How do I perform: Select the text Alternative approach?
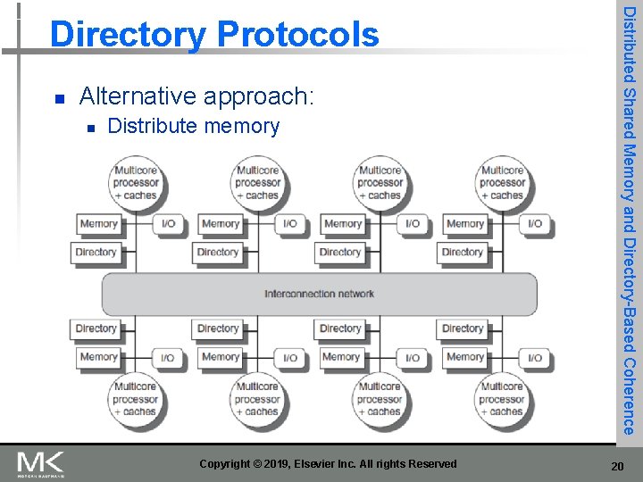196,96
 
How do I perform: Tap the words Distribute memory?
193,127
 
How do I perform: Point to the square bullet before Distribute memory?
90,128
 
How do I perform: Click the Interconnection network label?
319,294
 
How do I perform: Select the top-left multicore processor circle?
136,183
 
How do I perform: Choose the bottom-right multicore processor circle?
502,399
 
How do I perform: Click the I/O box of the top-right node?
535,224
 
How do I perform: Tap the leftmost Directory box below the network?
96,328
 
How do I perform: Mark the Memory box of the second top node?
221,224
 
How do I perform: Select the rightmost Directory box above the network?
463,252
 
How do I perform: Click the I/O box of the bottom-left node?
168,357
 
